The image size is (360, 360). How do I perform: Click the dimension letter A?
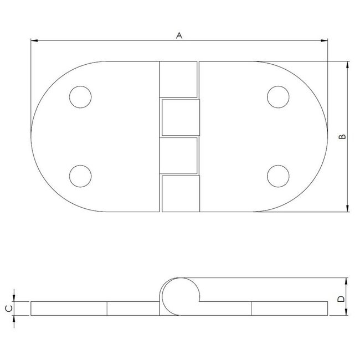pyautogui.click(x=178, y=35)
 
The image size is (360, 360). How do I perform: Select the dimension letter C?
pyautogui.click(x=8, y=308)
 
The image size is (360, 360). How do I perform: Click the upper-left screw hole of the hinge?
pyautogui.click(x=80, y=97)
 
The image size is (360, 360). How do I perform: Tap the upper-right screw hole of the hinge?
pyautogui.click(x=277, y=97)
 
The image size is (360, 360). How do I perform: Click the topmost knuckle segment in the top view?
pyautogui.click(x=178, y=80)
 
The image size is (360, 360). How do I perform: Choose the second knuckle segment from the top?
pyautogui.click(x=179, y=117)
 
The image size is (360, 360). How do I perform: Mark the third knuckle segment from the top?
pyautogui.click(x=178, y=156)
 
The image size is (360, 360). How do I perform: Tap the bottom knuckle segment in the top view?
pyautogui.click(x=179, y=194)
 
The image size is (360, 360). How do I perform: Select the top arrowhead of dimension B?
pyautogui.click(x=347, y=65)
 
